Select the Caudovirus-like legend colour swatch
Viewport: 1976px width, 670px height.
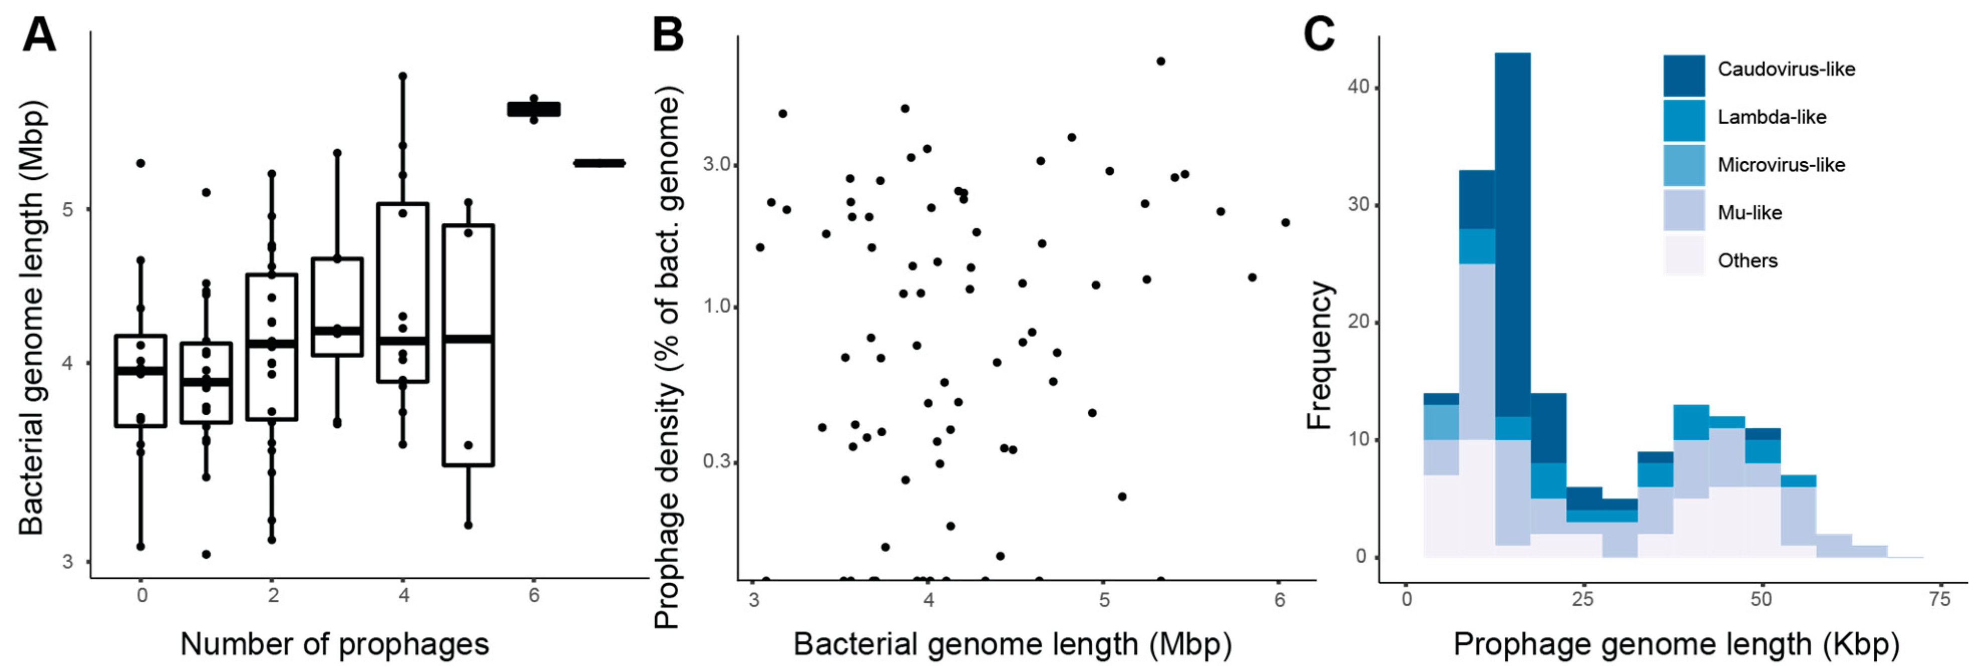point(1684,75)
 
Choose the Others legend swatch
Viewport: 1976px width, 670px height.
point(1684,256)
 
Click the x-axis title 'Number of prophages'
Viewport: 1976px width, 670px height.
point(334,644)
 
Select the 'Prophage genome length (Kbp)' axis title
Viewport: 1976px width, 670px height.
point(1676,644)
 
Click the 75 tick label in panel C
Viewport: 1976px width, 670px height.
point(1939,599)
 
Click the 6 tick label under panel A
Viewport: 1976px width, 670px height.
point(534,595)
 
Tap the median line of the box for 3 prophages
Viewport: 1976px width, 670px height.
point(337,331)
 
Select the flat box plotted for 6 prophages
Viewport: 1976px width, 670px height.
point(534,109)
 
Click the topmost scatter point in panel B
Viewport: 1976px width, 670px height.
point(1160,61)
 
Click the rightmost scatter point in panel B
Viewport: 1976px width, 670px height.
point(1286,223)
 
